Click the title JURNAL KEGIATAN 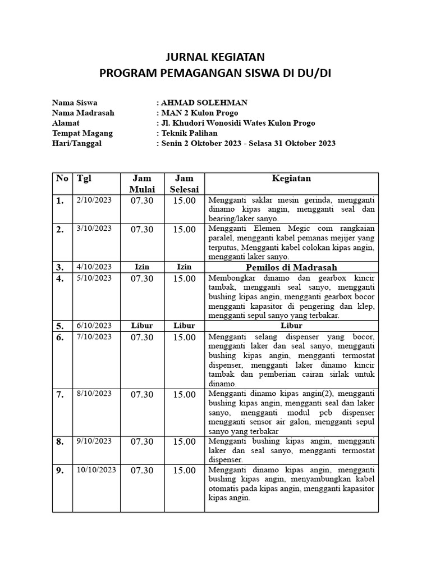coord(215,57)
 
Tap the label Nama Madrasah coord(83,113)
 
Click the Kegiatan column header coord(291,179)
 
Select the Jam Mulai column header coord(142,184)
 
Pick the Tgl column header coord(84,179)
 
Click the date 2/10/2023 coord(94,199)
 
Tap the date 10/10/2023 coord(96,469)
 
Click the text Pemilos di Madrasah coord(291,267)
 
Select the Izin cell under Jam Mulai coord(142,267)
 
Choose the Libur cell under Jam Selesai coord(184,326)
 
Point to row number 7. coord(60,395)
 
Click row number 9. coord(60,471)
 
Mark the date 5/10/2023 coord(94,277)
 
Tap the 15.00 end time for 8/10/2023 coord(184,395)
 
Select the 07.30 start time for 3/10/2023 coord(142,229)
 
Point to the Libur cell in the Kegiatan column coord(291,326)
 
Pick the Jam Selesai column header coord(184,184)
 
